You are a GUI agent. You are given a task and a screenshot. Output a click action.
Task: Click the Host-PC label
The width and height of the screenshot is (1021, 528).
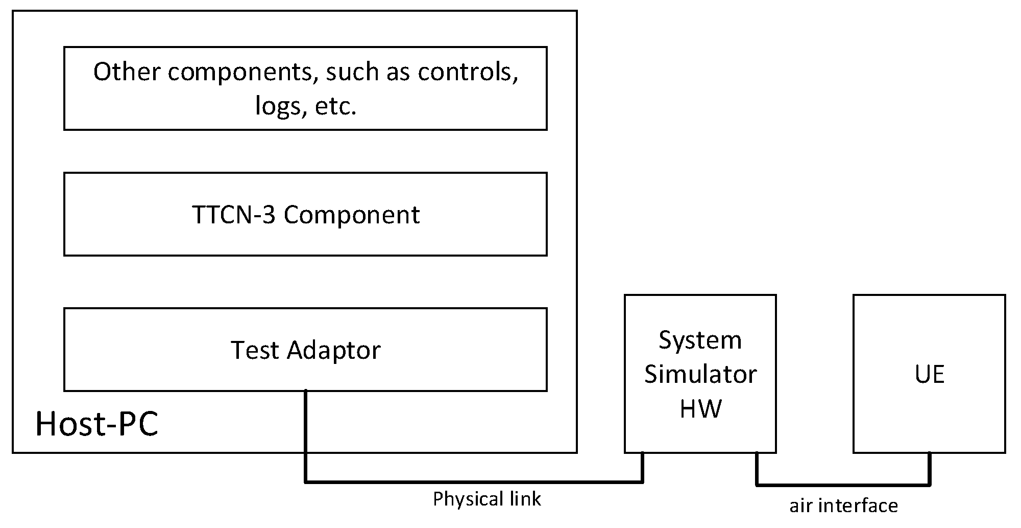tap(96, 424)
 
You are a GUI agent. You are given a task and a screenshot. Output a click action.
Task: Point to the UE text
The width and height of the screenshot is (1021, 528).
tap(929, 374)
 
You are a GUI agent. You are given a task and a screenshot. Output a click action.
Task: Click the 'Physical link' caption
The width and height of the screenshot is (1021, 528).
tap(487, 499)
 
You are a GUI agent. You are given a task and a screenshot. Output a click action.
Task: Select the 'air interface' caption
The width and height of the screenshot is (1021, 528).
tap(843, 506)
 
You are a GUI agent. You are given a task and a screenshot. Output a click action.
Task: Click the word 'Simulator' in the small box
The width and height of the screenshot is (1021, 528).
tap(700, 374)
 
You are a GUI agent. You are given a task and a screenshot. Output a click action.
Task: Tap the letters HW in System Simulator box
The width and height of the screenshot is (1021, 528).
tap(700, 408)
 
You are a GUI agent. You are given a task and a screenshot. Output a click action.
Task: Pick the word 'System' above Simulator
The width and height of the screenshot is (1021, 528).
tap(700, 340)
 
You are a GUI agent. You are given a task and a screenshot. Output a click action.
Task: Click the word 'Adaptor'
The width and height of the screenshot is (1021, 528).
tap(333, 350)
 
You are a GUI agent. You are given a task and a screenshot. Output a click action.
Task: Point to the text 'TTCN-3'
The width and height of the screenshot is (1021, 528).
tap(234, 215)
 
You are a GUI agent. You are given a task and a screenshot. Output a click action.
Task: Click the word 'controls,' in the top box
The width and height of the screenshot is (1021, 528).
tap(467, 72)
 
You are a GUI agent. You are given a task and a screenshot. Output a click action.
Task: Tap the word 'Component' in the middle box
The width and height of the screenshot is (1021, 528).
tap(352, 215)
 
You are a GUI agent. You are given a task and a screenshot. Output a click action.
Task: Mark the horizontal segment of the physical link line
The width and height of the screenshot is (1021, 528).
tap(474, 481)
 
